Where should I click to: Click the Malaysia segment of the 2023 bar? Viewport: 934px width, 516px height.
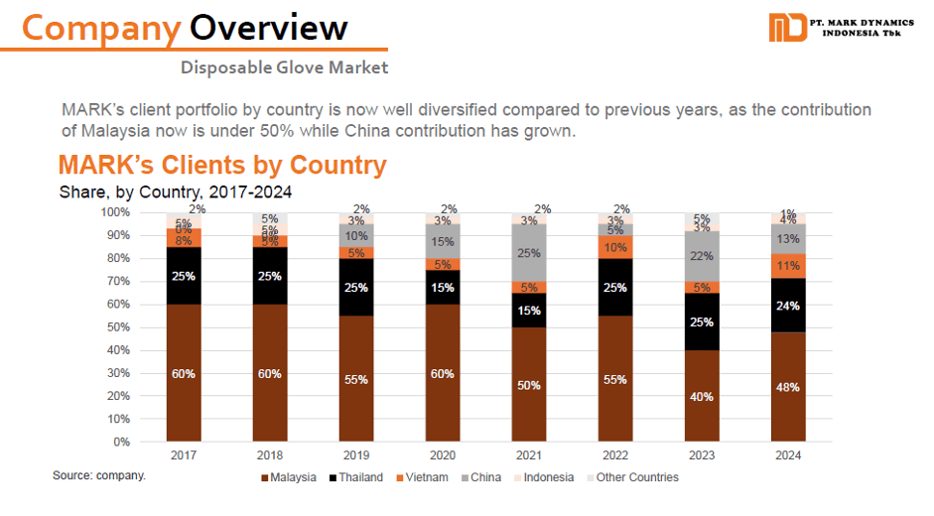(x=703, y=395)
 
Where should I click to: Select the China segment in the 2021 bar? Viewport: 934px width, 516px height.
(x=528, y=253)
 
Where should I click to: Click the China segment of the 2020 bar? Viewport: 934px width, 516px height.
(x=442, y=241)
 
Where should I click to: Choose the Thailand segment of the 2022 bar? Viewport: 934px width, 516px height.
(x=615, y=287)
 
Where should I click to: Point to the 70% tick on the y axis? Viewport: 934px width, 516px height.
(x=117, y=281)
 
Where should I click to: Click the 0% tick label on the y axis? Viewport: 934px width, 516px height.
(x=121, y=442)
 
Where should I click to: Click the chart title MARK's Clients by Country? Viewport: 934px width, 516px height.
(x=221, y=165)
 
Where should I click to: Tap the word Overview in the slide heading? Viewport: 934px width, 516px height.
(x=269, y=27)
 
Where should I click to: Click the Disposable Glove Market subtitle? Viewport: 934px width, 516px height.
(x=284, y=67)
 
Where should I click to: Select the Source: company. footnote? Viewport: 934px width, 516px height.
(x=99, y=476)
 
